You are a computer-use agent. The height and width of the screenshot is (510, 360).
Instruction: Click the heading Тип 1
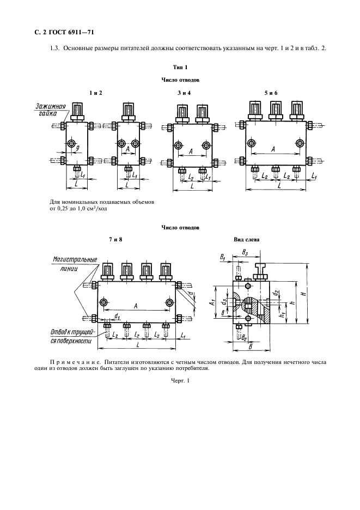click(x=180, y=67)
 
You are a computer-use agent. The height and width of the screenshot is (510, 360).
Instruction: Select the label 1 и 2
click(x=96, y=93)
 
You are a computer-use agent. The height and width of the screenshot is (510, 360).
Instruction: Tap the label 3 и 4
click(x=184, y=93)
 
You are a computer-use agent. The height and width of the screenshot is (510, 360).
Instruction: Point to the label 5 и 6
click(x=271, y=93)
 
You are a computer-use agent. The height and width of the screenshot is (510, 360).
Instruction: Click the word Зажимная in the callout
click(x=51, y=106)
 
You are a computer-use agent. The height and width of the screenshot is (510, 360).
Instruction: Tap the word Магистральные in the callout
click(x=75, y=259)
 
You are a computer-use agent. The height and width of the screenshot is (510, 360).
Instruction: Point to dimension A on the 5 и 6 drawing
click(x=273, y=148)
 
